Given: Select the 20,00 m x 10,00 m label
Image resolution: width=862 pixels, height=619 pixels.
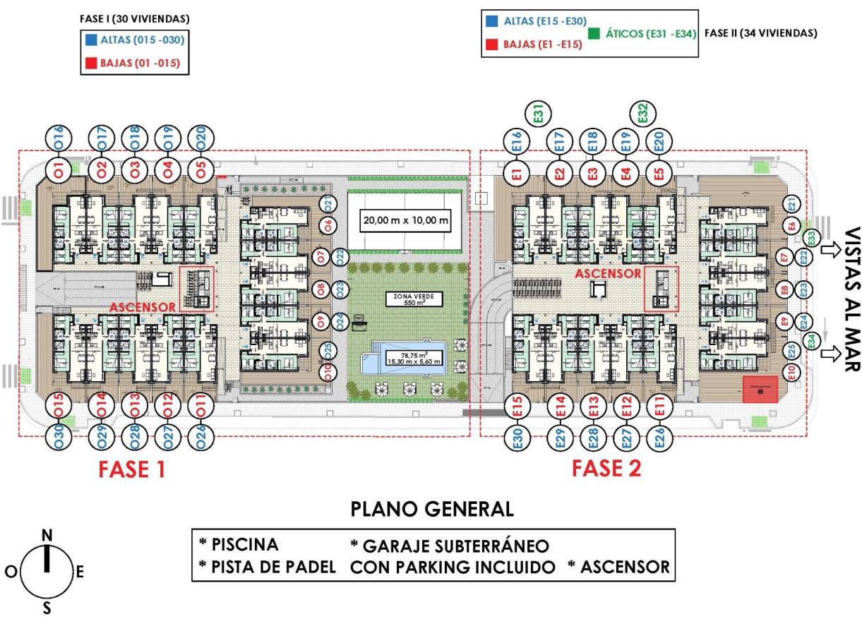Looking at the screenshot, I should coord(405,221).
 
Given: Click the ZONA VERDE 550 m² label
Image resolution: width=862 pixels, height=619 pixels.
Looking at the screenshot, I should coord(405,299).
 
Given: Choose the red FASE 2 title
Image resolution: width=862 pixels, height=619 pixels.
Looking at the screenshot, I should coord(606,468).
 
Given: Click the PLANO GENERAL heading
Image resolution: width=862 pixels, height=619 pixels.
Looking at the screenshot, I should coord(433,509).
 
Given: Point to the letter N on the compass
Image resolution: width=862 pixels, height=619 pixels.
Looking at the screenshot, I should coord(47,536).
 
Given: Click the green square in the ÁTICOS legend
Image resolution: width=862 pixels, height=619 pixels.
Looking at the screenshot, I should coord(593,33).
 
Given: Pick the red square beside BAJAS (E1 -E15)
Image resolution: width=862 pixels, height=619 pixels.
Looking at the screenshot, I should coord(492,44).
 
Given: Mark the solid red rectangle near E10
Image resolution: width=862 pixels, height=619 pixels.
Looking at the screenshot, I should coord(760,390).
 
